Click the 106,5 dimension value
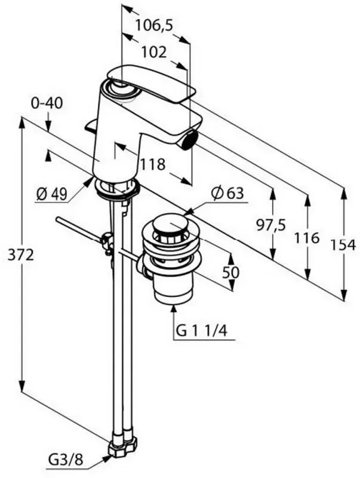click(154, 25)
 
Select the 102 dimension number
click(155, 53)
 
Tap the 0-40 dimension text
click(47, 103)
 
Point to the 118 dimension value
click(152, 165)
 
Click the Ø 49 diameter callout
click(51, 194)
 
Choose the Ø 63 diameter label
click(228, 193)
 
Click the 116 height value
click(306, 238)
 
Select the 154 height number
click(343, 246)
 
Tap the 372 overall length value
click(21, 255)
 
